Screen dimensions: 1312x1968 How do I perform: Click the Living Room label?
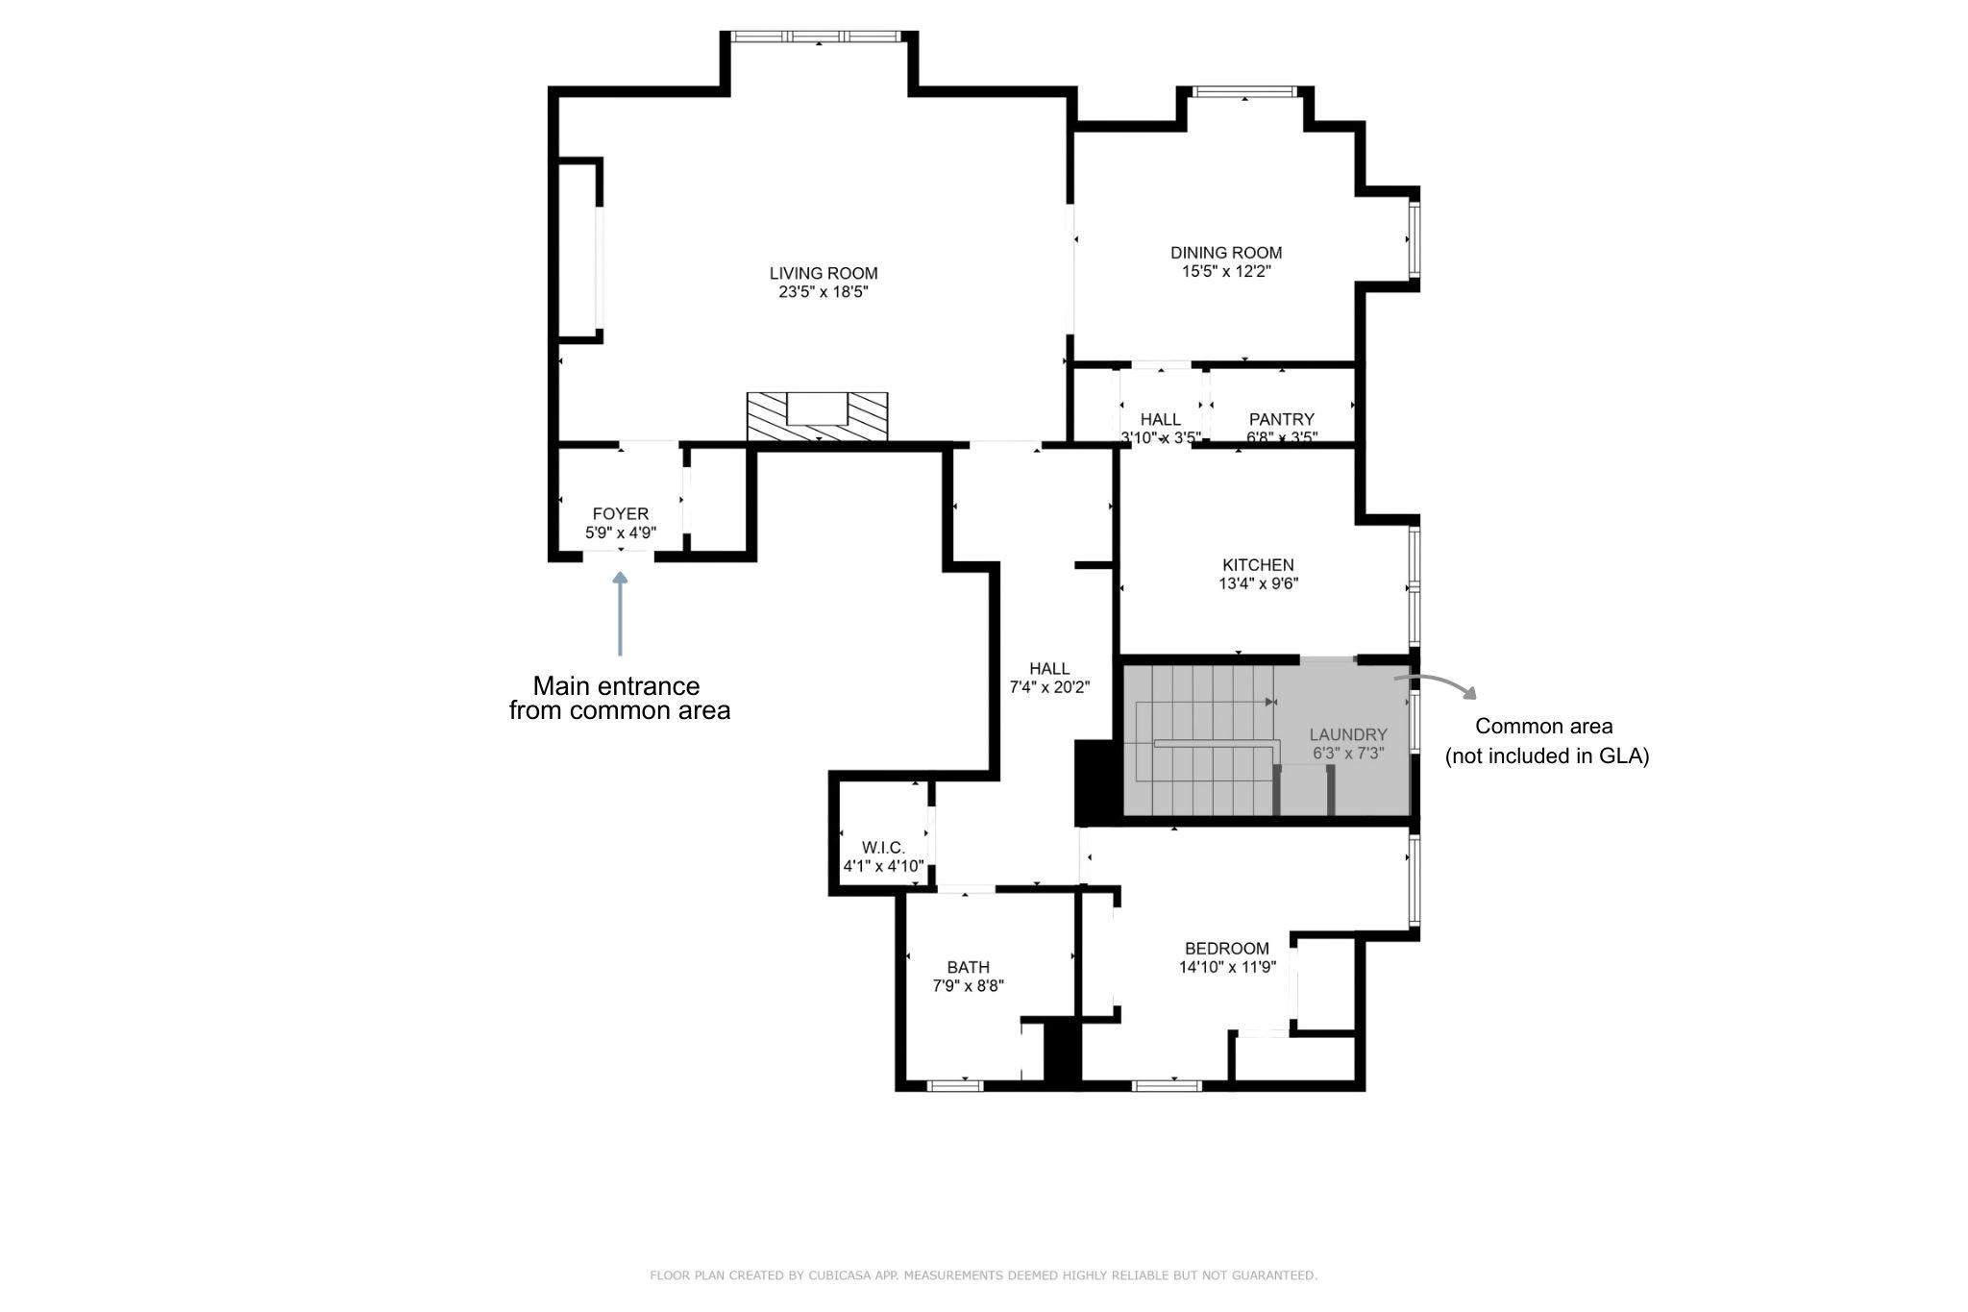(x=824, y=273)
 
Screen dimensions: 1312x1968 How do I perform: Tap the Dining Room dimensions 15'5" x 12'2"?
(x=1226, y=272)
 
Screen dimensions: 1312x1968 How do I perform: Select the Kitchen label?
(x=1258, y=565)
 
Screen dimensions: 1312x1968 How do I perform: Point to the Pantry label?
(x=1281, y=419)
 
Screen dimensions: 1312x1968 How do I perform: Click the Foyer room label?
(x=620, y=514)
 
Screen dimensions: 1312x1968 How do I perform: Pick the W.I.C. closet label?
(x=883, y=848)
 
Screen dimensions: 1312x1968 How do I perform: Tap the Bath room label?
(x=968, y=967)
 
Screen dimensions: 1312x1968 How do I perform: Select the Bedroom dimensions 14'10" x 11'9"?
(x=1227, y=968)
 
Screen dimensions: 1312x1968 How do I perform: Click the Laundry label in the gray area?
(x=1348, y=734)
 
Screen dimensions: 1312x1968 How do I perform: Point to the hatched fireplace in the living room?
(x=817, y=417)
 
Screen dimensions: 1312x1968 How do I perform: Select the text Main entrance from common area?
(x=619, y=699)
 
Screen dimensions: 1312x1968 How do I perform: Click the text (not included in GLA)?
(x=1547, y=756)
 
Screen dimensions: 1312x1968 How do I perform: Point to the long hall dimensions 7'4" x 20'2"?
(x=1049, y=688)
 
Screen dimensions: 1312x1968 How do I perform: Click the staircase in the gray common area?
(x=1201, y=740)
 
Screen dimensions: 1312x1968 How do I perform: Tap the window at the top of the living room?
(x=817, y=37)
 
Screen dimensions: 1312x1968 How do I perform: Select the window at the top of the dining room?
(x=1244, y=92)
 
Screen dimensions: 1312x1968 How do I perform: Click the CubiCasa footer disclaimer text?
(x=983, y=1275)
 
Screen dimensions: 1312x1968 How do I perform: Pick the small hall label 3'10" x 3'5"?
(x=1161, y=437)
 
